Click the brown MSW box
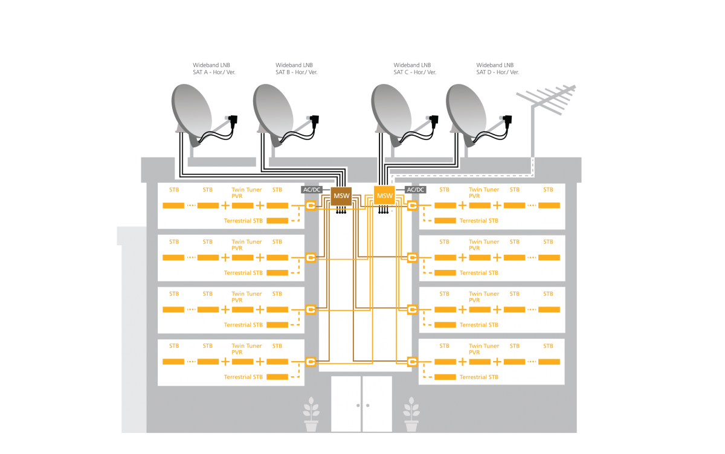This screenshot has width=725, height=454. point(341,196)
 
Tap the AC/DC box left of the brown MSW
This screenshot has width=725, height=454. point(312,190)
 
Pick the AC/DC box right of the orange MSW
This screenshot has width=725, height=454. point(415,190)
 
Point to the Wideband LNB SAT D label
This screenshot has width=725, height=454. point(497,68)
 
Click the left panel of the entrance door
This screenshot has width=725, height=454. point(346,404)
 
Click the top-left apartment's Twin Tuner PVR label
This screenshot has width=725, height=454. point(246,193)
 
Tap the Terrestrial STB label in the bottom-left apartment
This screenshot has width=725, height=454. point(243,377)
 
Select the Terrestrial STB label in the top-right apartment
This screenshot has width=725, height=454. point(479,220)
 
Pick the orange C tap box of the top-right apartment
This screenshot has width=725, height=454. point(413,206)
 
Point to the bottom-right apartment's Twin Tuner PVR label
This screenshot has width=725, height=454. point(483,349)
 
